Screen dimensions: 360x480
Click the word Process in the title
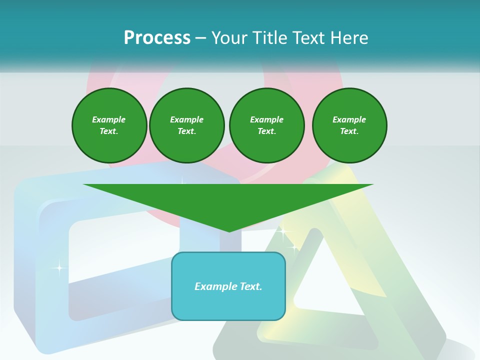pyautogui.click(x=157, y=37)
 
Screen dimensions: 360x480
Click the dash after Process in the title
pyautogui.click(x=200, y=38)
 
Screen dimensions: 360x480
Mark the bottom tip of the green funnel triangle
pyautogui.click(x=229, y=231)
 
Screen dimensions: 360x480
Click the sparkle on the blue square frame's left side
pyautogui.click(x=59, y=268)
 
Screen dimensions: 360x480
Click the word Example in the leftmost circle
pyautogui.click(x=109, y=119)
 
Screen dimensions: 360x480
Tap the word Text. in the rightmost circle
pyautogui.click(x=349, y=131)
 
